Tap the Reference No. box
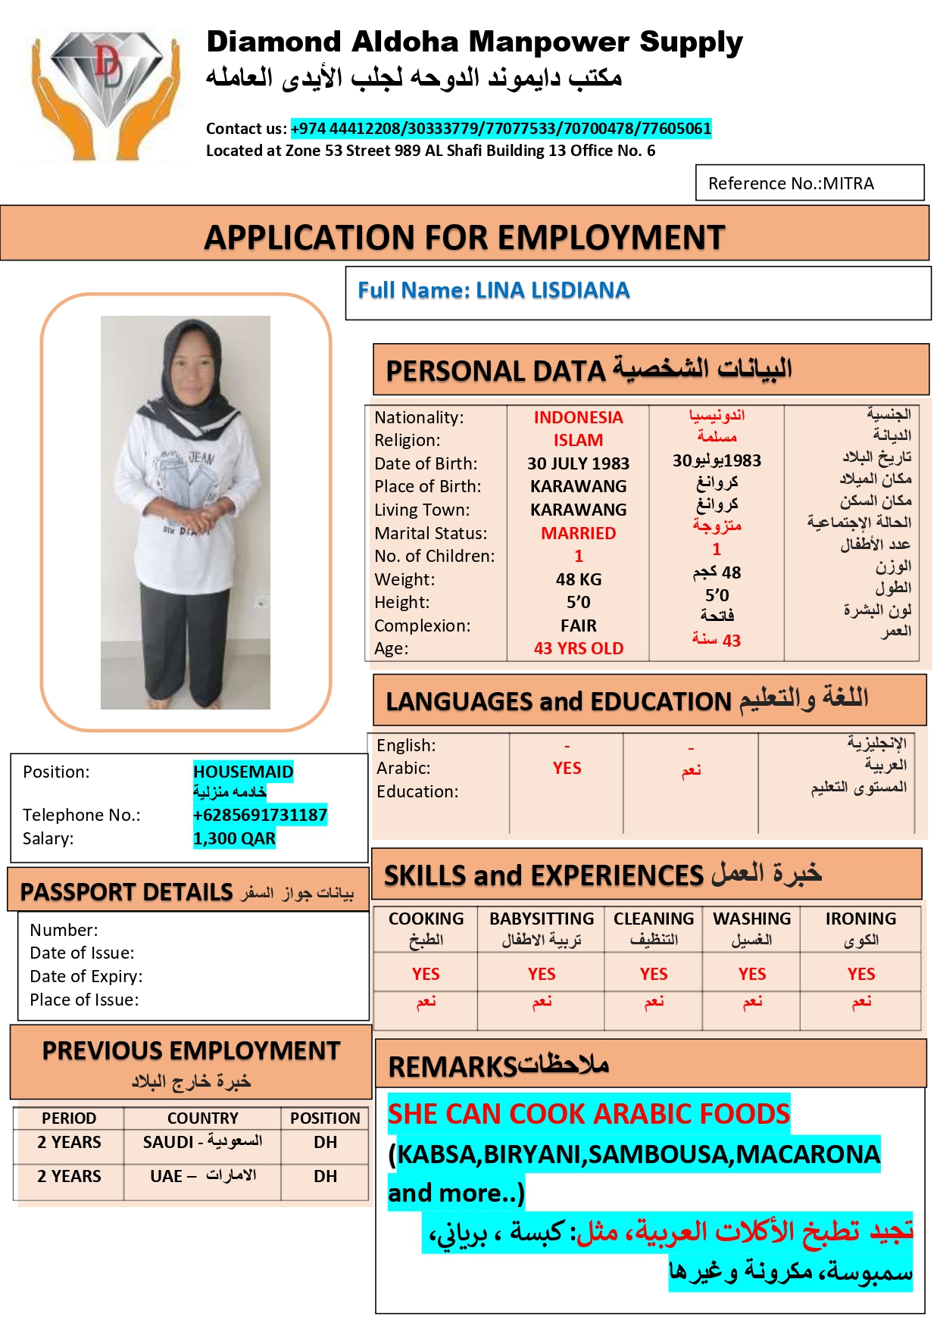click(x=809, y=183)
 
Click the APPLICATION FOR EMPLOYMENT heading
click(x=464, y=237)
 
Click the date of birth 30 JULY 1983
click(x=578, y=463)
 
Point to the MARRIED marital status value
click(x=578, y=533)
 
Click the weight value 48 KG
click(x=578, y=579)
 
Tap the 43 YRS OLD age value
click(x=578, y=648)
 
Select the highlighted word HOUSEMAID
click(x=243, y=772)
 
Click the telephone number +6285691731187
click(x=260, y=815)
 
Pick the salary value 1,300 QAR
click(x=234, y=838)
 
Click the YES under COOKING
click(x=426, y=974)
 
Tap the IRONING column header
click(x=860, y=919)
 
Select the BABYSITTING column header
click(x=542, y=919)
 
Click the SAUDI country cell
click(x=202, y=1142)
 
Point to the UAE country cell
click(x=202, y=1176)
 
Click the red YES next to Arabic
click(x=567, y=768)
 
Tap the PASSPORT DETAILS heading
click(x=126, y=892)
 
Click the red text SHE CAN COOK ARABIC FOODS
click(x=589, y=1114)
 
